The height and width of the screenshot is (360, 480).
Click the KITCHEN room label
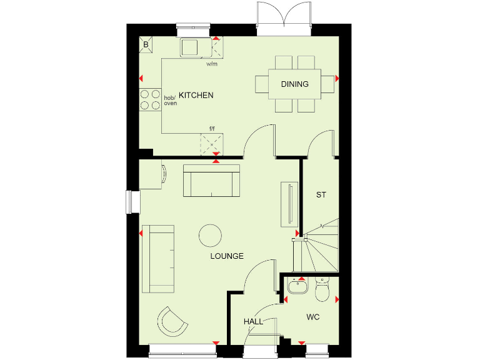[196, 96]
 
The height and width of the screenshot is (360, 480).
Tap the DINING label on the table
[294, 84]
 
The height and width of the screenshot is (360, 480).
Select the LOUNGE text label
[227, 256]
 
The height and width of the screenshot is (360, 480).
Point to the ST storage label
[321, 195]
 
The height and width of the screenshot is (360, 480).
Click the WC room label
[313, 317]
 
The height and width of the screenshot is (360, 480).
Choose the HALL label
[253, 322]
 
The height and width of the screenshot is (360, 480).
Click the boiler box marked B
[146, 44]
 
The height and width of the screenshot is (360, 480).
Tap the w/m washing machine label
[211, 64]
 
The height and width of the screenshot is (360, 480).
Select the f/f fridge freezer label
[212, 129]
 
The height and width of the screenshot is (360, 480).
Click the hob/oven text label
[171, 101]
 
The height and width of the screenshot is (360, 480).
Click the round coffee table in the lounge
[210, 236]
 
